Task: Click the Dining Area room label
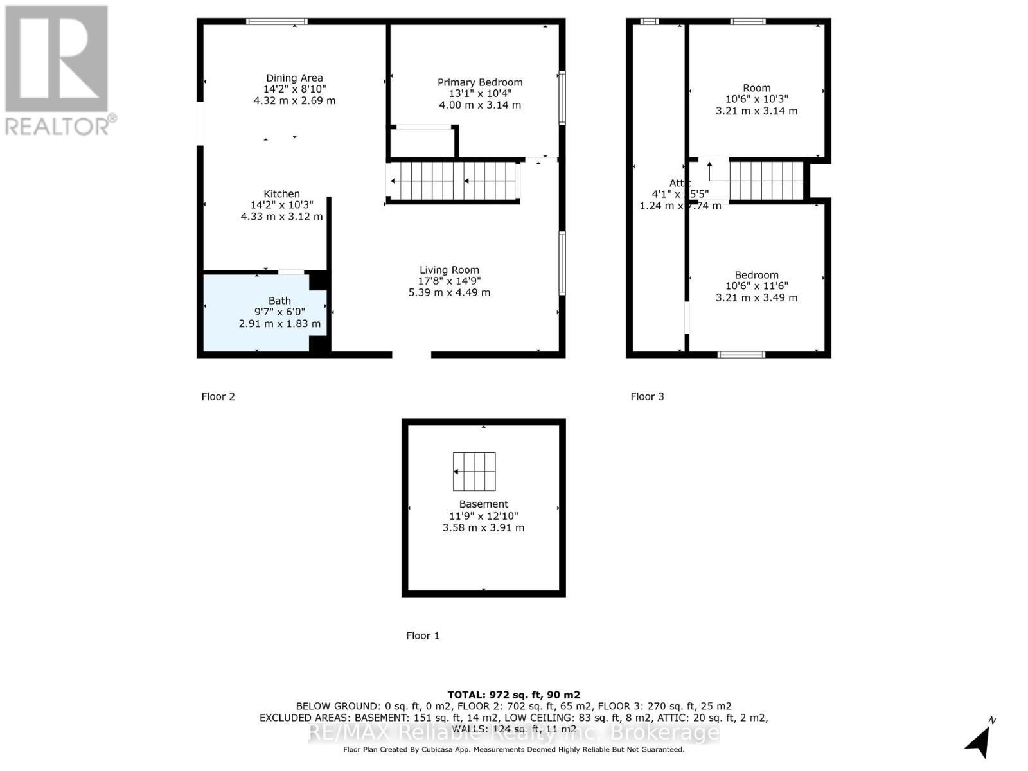tap(294, 78)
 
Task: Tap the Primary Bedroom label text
tap(479, 82)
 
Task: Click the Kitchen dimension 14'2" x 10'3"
tap(281, 205)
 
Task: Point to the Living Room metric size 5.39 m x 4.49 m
tap(449, 292)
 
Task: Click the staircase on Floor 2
tap(454, 181)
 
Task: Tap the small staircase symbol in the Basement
tap(474, 471)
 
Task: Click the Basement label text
tap(483, 504)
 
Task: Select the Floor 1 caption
tap(423, 635)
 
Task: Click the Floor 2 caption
tap(218, 396)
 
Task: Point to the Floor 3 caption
tap(647, 396)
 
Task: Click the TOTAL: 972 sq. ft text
tap(513, 695)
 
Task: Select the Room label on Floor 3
tap(756, 88)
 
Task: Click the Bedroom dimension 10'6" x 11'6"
tap(756, 286)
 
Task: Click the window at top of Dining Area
tap(277, 22)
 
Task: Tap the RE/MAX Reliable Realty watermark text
tap(513, 732)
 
